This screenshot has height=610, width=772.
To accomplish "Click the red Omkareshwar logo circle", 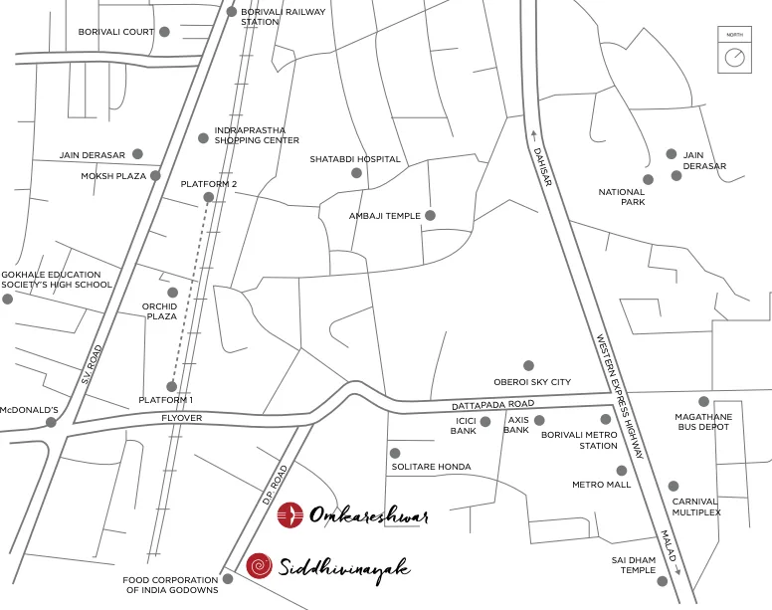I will [289, 514].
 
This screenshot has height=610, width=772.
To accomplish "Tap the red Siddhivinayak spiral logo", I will [260, 566].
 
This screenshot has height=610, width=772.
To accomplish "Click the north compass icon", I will [734, 56].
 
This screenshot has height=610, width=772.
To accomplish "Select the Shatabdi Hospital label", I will [354, 159].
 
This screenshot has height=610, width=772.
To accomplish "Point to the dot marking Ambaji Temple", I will [430, 215].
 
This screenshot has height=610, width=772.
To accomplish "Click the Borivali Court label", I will [116, 32].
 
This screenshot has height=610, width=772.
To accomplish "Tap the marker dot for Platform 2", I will [208, 198].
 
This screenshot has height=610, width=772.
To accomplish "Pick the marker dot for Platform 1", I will [171, 386].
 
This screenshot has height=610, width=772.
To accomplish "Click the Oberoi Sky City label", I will [532, 382].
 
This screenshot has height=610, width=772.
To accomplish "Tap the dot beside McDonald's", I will [51, 422].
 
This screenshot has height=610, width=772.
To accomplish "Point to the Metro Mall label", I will [601, 485].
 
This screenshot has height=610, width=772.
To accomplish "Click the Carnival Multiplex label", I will [695, 507].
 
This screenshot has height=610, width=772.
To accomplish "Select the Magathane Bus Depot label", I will [702, 421].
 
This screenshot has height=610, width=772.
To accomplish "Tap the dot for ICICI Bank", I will [484, 422].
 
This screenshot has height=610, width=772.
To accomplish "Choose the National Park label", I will [621, 196].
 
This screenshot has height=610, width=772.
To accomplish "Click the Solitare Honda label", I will [431, 467].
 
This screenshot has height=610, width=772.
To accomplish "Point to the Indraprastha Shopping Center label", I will [257, 135].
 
